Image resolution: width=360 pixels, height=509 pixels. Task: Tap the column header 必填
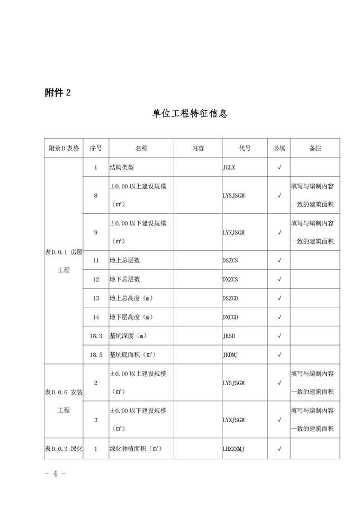point(279,148)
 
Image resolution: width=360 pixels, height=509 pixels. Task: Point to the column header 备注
point(315,148)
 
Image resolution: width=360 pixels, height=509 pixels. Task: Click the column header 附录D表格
point(64,148)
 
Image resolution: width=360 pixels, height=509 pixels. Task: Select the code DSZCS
point(230,260)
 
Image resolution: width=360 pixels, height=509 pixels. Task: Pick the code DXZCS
point(230,279)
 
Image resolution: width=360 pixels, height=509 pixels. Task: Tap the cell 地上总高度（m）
point(131,298)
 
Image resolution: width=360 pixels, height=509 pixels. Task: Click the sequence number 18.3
point(96,335)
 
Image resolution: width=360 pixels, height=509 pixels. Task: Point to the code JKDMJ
point(230,355)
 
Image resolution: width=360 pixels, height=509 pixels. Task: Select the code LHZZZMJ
point(233,449)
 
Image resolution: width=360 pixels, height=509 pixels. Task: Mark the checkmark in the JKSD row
point(279,335)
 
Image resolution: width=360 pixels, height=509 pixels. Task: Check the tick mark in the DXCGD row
point(279,317)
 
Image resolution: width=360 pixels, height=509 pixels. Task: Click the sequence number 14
point(96,317)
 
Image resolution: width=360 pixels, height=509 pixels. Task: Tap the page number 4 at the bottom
point(55,473)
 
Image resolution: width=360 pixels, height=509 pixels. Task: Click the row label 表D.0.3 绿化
point(64,449)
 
